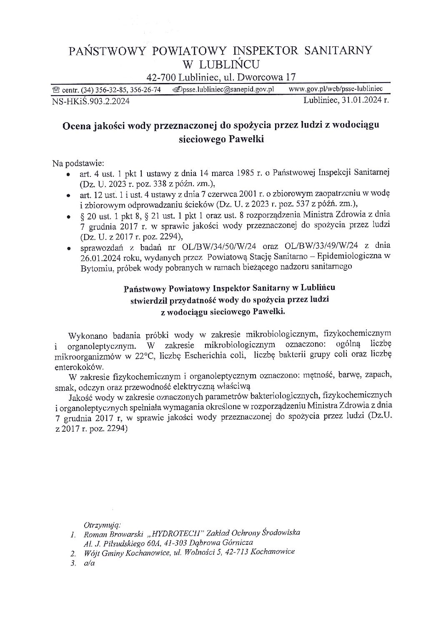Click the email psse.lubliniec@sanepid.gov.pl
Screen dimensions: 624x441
(227, 89)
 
